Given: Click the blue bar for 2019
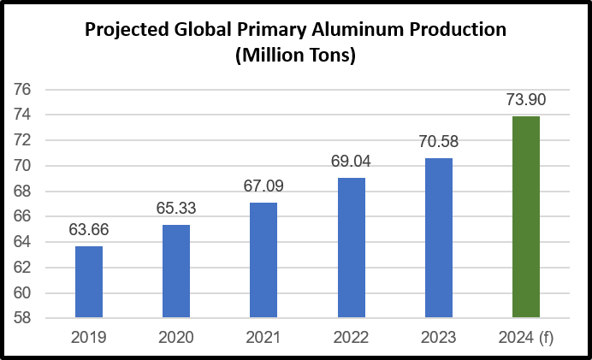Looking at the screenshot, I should tap(89, 282).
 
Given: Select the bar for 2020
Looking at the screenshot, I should tap(176, 271).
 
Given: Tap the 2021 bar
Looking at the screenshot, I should tap(263, 260).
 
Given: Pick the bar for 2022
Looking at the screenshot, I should tap(352, 248).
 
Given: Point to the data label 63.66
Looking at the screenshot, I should tap(89, 230).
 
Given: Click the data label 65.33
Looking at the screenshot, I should tap(176, 208).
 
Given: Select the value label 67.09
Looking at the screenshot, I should tap(263, 186).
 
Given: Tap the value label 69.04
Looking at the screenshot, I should tap(352, 160).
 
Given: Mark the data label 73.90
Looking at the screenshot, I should tap(526, 99).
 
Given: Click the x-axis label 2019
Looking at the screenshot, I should tap(89, 337).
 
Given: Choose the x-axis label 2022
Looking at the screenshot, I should tap(352, 337).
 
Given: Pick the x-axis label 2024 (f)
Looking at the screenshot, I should tap(526, 337).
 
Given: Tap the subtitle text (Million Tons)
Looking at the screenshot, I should tap(295, 56).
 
